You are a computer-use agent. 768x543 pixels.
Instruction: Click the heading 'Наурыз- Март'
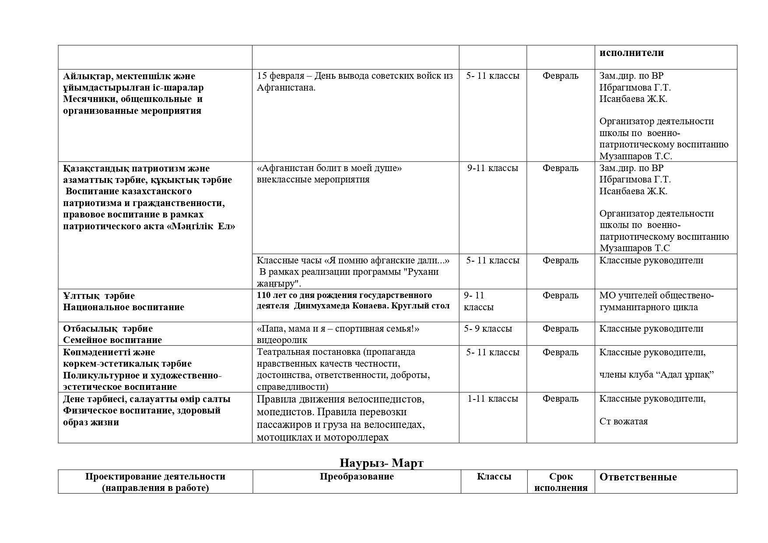point(381,463)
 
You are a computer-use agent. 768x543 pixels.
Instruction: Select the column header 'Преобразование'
point(356,476)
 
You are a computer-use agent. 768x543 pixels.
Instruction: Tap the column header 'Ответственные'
point(638,477)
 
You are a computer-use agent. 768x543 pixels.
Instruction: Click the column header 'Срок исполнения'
point(561,482)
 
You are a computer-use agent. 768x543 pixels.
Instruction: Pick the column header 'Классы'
point(494,476)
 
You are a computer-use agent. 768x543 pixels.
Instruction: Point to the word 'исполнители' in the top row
point(631,53)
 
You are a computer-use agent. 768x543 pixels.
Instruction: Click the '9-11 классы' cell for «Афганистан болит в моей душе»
point(492,168)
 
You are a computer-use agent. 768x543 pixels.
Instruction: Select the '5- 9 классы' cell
point(487,329)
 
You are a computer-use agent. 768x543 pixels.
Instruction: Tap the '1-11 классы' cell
point(492,399)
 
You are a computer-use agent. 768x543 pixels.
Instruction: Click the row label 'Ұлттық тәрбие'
point(99,296)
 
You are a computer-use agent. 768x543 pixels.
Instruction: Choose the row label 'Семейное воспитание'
point(112,340)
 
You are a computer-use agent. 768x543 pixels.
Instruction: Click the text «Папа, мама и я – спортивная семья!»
point(338,329)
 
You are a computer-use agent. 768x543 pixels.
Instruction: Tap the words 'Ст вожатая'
point(623,421)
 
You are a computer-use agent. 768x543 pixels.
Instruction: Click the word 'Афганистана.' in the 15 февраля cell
point(286,88)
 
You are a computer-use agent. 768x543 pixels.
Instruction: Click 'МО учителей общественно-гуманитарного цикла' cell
point(656,301)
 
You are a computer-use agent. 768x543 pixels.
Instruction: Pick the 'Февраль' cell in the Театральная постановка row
point(560,352)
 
